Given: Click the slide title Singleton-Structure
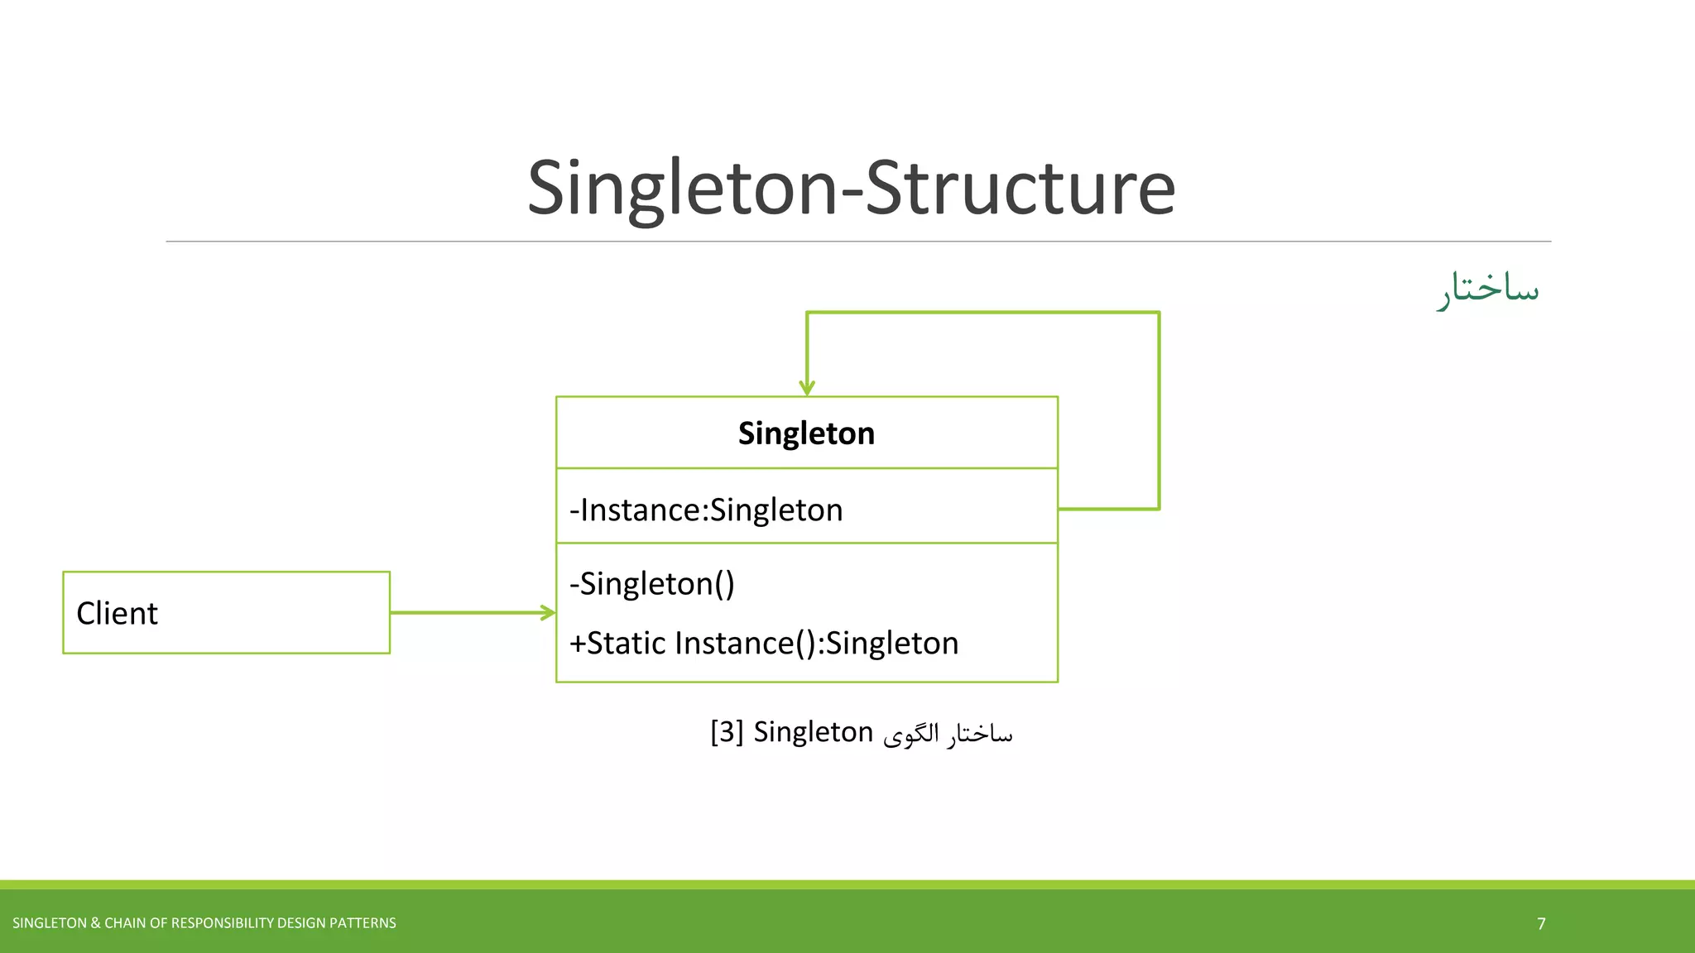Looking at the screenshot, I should coord(851,189).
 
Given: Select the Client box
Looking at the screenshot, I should coord(226,613).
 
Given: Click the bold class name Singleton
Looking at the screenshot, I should coord(806,433).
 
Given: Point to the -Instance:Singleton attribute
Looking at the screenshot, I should coord(706,510).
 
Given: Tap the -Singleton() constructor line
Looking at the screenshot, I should coord(652,584).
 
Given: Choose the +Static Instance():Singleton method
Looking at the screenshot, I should coord(763,644).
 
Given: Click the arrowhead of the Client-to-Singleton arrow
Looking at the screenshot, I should coord(549,613).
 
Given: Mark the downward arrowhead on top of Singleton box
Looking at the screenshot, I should coord(807,388).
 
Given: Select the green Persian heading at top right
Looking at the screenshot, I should coord(1487,289).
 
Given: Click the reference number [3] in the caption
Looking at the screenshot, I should coord(727,732).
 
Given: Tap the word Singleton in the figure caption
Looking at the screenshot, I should coord(813,732).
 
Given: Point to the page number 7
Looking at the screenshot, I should coord(1541,924).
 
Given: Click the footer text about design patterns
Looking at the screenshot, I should coord(204,923).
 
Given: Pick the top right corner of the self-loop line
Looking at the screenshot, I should coord(1159,313).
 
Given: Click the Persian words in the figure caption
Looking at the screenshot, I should coord(948,734).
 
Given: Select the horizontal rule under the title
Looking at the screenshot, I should coord(857,242).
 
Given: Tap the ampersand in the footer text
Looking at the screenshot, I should coord(95,923).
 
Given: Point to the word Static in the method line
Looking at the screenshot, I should coord(627,644).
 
